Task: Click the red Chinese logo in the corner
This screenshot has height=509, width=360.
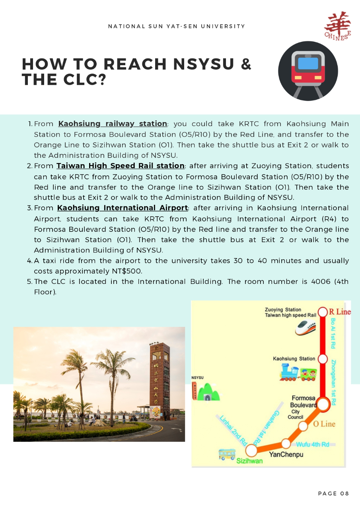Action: pos(337,26)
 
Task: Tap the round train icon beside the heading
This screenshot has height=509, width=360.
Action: pos(308,71)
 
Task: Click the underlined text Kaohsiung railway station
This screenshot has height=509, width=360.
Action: pos(113,124)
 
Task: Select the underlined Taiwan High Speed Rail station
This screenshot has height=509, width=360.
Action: pos(121,166)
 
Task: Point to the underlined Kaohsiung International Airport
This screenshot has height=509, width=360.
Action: pos(123,208)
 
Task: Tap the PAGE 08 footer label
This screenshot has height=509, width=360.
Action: pos(333,493)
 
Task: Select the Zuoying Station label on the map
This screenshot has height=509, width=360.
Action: pos(283,309)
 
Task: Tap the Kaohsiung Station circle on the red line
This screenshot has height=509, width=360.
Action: pos(323,358)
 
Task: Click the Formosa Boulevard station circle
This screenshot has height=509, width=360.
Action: pos(323,404)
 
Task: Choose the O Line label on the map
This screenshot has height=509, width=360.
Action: pos(324,424)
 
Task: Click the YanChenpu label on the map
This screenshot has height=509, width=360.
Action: pos(286,455)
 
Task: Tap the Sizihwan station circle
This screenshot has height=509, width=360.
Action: pos(251,450)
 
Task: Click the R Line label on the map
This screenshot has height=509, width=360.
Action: pos(340,312)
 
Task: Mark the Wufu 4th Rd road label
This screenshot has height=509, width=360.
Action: pos(313,445)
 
